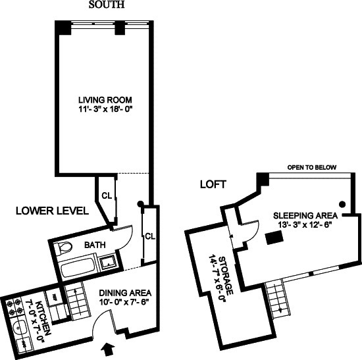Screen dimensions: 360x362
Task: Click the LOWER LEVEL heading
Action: click(x=52, y=211)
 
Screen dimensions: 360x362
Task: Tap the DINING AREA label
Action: click(x=125, y=292)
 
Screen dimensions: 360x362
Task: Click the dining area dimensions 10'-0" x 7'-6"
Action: click(x=125, y=303)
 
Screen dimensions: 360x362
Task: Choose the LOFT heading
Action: click(x=212, y=185)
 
